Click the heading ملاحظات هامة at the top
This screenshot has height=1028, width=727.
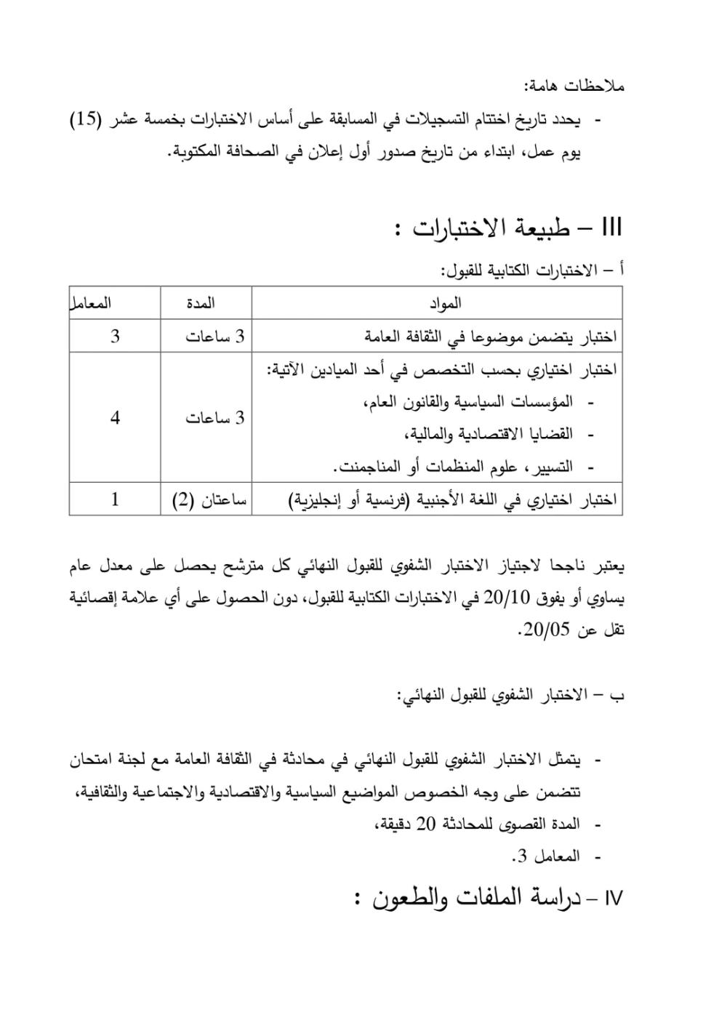pyautogui.click(x=574, y=87)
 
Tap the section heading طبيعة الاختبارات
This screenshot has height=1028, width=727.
pyautogui.click(x=495, y=228)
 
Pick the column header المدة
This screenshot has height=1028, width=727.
pyautogui.click(x=200, y=303)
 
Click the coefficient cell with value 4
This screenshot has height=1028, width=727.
pyautogui.click(x=115, y=418)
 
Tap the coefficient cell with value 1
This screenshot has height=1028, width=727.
pyautogui.click(x=115, y=500)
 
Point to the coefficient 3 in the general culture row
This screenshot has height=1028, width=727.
pyautogui.click(x=115, y=337)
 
